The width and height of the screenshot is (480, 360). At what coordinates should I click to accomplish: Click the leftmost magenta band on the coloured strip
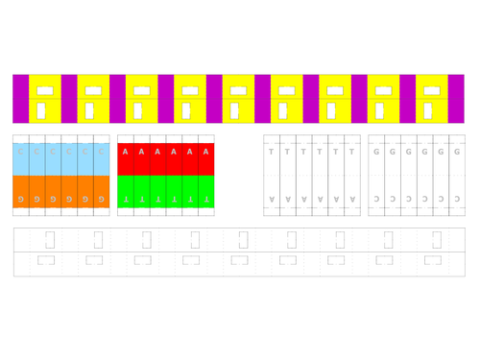20,99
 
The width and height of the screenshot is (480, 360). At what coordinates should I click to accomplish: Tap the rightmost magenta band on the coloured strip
456,99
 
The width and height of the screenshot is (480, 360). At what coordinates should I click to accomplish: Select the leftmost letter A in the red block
125,152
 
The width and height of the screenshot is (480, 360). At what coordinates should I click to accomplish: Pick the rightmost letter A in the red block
205,152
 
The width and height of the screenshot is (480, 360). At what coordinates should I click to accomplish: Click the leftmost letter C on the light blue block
20,152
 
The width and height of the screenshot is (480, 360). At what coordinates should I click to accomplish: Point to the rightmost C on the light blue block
101,152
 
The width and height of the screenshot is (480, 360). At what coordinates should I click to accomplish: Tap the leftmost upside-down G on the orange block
20,199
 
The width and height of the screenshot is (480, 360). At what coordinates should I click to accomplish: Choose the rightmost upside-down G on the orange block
101,199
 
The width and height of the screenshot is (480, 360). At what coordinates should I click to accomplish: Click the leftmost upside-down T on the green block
125,199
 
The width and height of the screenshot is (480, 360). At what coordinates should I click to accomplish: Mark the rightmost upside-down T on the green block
205,199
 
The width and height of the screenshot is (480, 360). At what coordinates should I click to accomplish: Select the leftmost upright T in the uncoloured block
272,152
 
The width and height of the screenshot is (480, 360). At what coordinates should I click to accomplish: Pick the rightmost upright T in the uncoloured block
351,152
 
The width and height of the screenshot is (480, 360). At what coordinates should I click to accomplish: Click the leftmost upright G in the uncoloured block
376,152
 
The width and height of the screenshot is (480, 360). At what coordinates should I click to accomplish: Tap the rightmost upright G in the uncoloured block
457,152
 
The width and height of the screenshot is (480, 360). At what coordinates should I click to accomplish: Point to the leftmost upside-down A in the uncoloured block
272,199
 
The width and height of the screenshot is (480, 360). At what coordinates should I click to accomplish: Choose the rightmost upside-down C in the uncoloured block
457,199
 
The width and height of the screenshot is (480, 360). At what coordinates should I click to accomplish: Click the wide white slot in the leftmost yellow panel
44,91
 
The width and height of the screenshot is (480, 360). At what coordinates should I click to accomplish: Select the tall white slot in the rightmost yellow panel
428,110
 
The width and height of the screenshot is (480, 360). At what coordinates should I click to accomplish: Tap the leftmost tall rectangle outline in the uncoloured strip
50,239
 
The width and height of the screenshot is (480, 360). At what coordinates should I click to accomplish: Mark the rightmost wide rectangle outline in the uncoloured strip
433,259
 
